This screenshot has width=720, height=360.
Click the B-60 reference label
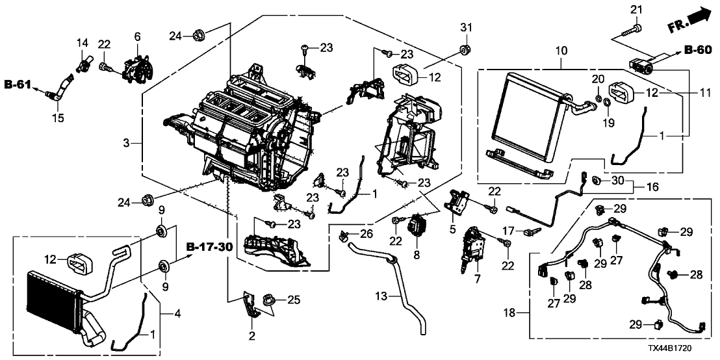[697, 49]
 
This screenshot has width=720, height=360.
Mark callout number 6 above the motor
[136, 38]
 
